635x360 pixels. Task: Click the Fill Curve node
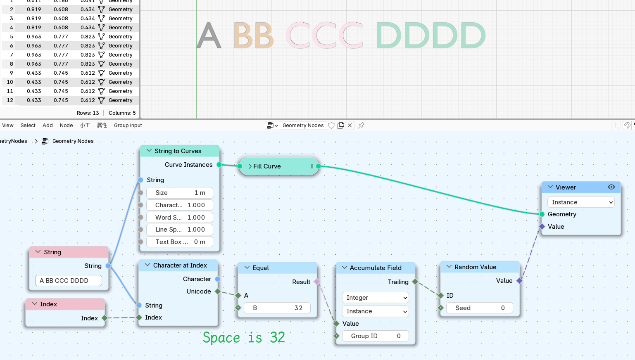pyautogui.click(x=279, y=166)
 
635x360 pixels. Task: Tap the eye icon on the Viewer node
pyautogui.click(x=611, y=187)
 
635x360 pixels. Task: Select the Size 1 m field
pyautogui.click(x=180, y=193)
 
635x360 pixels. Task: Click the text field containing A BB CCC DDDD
pyautogui.click(x=68, y=280)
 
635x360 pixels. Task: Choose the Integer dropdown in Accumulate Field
pyautogui.click(x=375, y=297)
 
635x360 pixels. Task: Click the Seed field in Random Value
pyautogui.click(x=480, y=308)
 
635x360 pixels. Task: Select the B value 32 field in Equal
pyautogui.click(x=277, y=308)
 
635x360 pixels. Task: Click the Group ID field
pyautogui.click(x=375, y=336)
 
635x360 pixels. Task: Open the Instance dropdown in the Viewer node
pyautogui.click(x=581, y=202)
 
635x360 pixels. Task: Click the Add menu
pyautogui.click(x=48, y=125)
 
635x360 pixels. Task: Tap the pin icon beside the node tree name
pyautogui.click(x=361, y=125)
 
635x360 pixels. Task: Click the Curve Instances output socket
pyautogui.click(x=219, y=165)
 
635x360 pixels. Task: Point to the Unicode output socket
pyautogui.click(x=218, y=291)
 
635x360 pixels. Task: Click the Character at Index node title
pyautogui.click(x=180, y=265)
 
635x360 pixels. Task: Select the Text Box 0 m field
pyautogui.click(x=180, y=242)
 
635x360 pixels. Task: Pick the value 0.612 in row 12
pyautogui.click(x=88, y=100)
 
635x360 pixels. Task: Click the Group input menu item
pyautogui.click(x=128, y=125)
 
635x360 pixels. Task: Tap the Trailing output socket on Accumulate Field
pyautogui.click(x=415, y=282)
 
